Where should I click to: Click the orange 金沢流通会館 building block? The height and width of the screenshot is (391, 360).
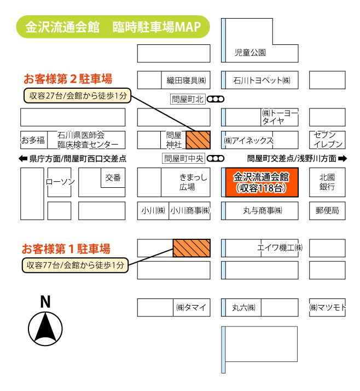[x=262, y=182]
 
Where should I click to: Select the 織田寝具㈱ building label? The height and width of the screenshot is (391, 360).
[x=185, y=80]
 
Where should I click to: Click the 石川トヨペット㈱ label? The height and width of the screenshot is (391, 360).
[x=262, y=80]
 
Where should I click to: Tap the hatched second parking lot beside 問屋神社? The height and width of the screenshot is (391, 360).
[x=198, y=140]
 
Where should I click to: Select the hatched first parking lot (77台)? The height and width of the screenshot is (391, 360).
[x=191, y=248]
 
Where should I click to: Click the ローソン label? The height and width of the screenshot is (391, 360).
[x=60, y=182]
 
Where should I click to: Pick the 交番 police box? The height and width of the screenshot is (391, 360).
[x=113, y=177]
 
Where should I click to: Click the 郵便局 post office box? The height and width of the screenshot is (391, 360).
[x=327, y=210]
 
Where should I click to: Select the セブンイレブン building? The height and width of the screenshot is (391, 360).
[x=327, y=140]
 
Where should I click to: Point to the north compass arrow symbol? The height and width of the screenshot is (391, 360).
[x=45, y=329]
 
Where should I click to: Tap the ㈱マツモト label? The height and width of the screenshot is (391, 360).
[x=327, y=307]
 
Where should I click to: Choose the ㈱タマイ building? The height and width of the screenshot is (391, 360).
[x=191, y=307]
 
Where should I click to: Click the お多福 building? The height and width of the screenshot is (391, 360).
[x=33, y=140]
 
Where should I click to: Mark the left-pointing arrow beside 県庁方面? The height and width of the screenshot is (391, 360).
[x=23, y=159]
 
